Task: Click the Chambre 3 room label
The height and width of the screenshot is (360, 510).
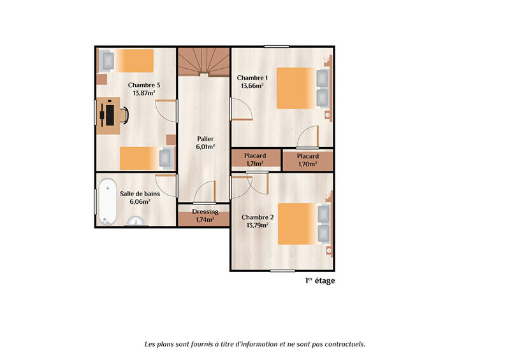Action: coord(143,85)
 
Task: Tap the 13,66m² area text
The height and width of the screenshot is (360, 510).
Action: coord(252,85)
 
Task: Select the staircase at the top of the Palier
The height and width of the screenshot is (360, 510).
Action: coord(203,62)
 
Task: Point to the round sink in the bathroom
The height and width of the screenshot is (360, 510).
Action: coord(136,222)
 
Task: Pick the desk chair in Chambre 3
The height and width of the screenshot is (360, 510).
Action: coord(124,115)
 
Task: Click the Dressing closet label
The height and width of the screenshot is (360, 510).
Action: coord(205,212)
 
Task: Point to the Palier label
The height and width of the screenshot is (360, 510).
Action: coord(205,138)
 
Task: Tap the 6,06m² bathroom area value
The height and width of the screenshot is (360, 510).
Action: coord(140,201)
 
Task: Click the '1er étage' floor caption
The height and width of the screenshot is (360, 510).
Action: coord(319,280)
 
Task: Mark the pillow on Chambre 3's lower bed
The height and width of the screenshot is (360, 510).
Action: coord(165,157)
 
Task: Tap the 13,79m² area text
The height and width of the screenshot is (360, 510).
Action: coord(254,224)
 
